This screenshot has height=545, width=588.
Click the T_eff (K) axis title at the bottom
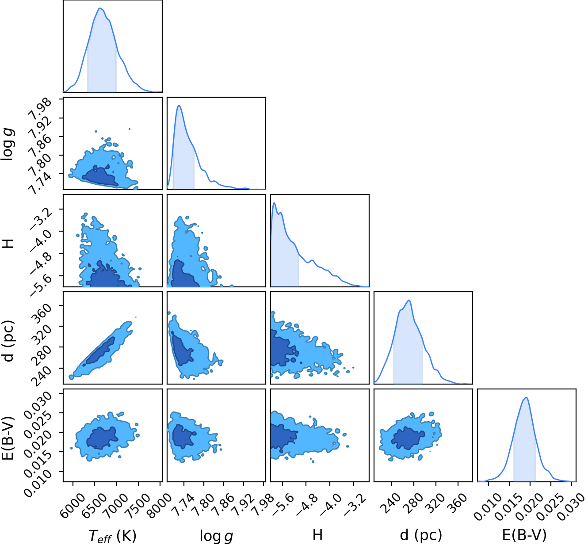(x=112, y=536)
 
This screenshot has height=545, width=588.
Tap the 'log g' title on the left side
(x=8, y=144)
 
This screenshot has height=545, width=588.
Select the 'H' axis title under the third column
(x=317, y=535)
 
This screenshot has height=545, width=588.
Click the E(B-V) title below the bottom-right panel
(x=524, y=535)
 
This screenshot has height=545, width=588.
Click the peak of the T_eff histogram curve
(x=100, y=8)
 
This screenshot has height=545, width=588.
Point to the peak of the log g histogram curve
(x=179, y=105)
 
